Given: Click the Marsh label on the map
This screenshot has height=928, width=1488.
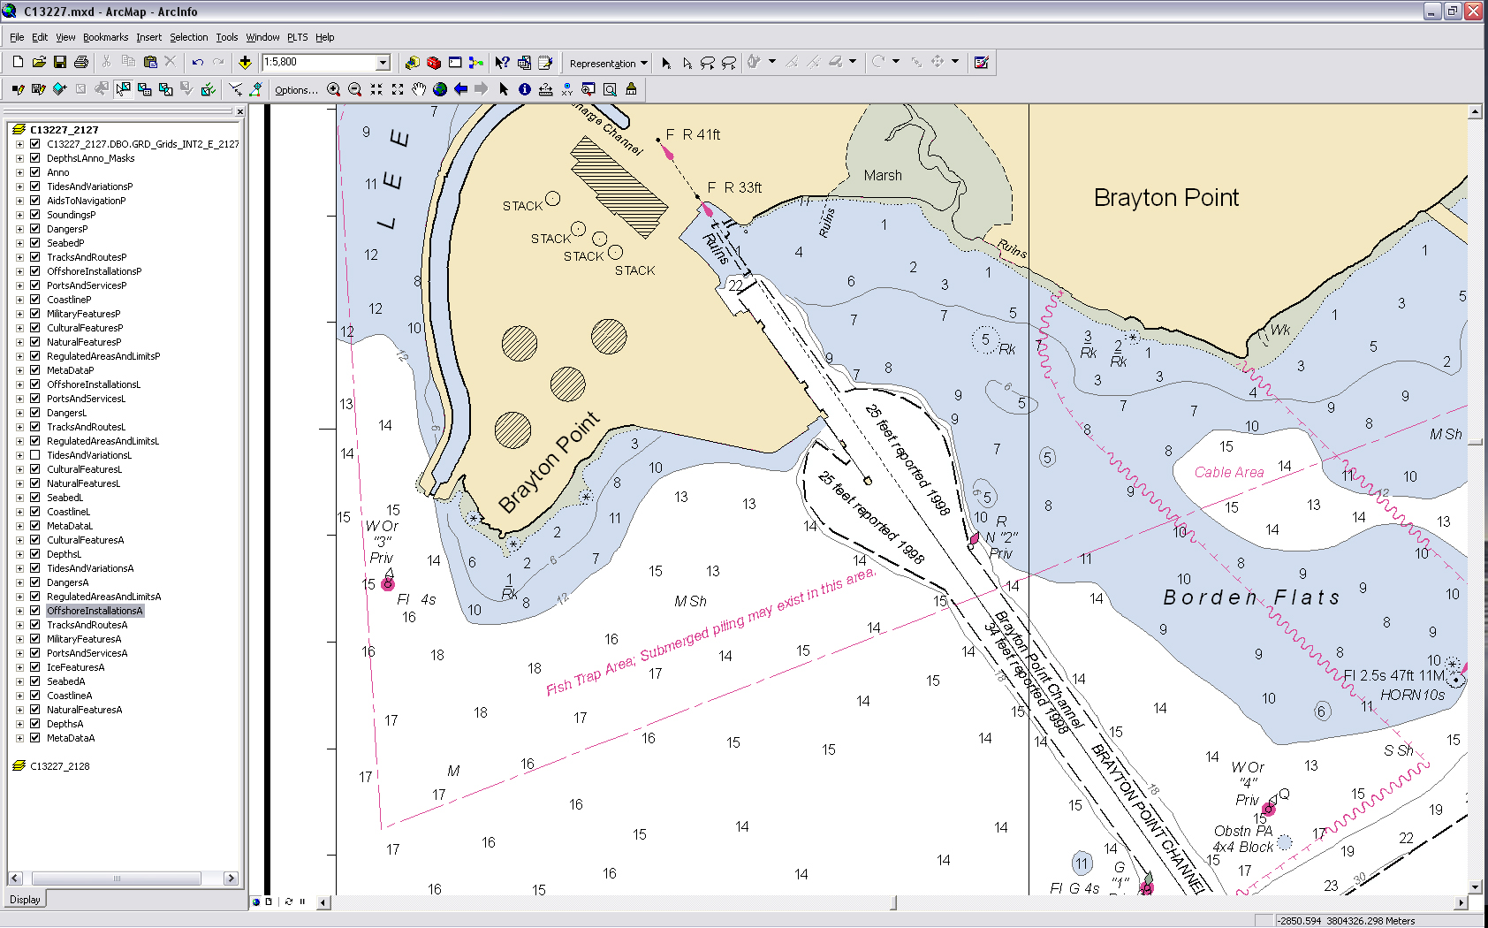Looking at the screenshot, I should pyautogui.click(x=883, y=176).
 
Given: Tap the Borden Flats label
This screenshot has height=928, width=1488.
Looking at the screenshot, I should pyautogui.click(x=1251, y=598).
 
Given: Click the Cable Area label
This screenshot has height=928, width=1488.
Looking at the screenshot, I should pyautogui.click(x=1228, y=473).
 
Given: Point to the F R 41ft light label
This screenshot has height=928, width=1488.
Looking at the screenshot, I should pyautogui.click(x=693, y=134).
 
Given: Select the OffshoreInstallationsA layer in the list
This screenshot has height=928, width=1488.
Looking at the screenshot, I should pyautogui.click(x=95, y=611).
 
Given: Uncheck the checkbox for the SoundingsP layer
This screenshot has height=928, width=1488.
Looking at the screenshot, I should pyautogui.click(x=35, y=215).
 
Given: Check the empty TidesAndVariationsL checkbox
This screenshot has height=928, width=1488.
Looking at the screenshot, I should pyautogui.click(x=35, y=455).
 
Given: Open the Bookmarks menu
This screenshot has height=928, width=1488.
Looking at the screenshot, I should pyautogui.click(x=105, y=37).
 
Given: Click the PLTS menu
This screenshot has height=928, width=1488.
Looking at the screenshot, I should pyautogui.click(x=297, y=37).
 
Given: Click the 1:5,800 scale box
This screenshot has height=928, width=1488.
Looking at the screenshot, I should pyautogui.click(x=320, y=62).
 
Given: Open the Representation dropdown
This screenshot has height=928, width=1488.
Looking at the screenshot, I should pyautogui.click(x=608, y=63).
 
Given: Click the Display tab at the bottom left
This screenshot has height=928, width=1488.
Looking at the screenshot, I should pyautogui.click(x=25, y=900).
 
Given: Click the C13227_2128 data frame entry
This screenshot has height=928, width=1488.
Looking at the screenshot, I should pyautogui.click(x=59, y=766).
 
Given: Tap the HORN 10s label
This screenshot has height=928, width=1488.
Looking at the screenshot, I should pyautogui.click(x=1412, y=696).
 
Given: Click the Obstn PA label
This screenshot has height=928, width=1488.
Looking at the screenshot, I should pyautogui.click(x=1242, y=831).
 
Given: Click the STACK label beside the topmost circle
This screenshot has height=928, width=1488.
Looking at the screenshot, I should pyautogui.click(x=522, y=206).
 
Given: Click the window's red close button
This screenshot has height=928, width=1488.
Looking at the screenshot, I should pyautogui.click(x=1473, y=11).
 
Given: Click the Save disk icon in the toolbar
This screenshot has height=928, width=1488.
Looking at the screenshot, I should pyautogui.click(x=60, y=62).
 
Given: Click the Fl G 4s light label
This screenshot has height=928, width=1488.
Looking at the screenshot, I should pyautogui.click(x=1074, y=888).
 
